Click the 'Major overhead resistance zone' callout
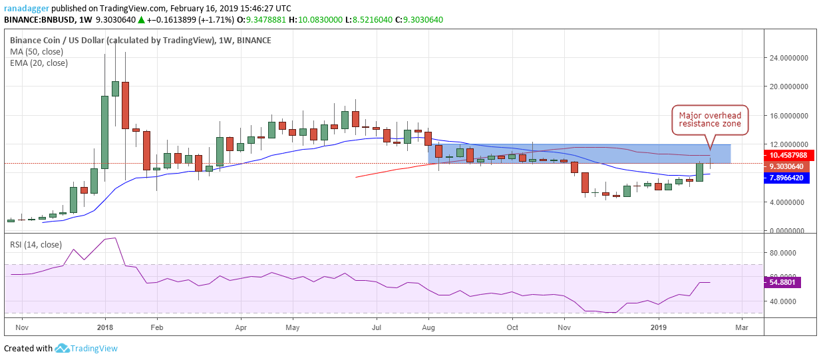coord(710,120)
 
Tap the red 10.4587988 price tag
coord(788,155)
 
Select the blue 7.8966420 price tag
coord(788,178)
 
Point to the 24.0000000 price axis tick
coord(788,58)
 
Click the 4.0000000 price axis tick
coord(788,202)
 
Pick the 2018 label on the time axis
coord(105,327)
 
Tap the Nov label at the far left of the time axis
coord(21,327)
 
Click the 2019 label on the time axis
coord(659,327)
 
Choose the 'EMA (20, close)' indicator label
coord(39,63)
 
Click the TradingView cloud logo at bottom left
coord(63,348)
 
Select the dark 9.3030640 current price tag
coord(788,166)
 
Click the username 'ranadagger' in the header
coord(27,8)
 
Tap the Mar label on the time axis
coord(741,327)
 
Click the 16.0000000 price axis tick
coord(788,115)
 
